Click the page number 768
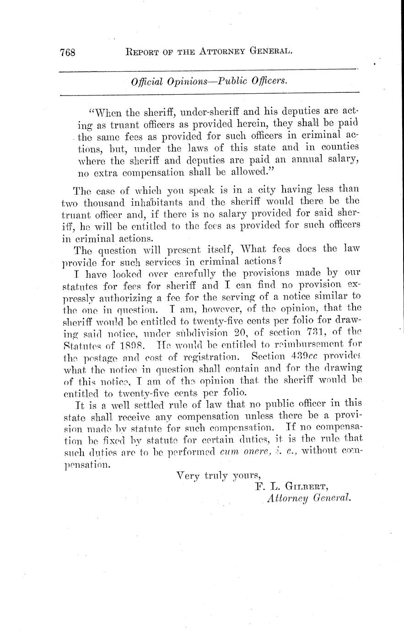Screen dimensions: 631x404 pyautogui.click(x=67, y=52)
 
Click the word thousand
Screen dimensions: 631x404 pyautogui.click(x=102, y=201)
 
